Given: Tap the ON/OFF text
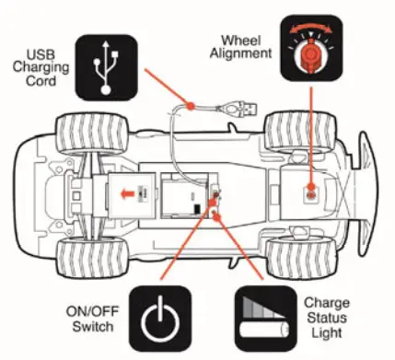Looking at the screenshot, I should [x=91, y=310].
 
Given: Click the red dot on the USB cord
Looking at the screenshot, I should [x=192, y=107].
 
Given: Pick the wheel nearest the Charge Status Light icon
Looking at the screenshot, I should [x=296, y=256].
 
